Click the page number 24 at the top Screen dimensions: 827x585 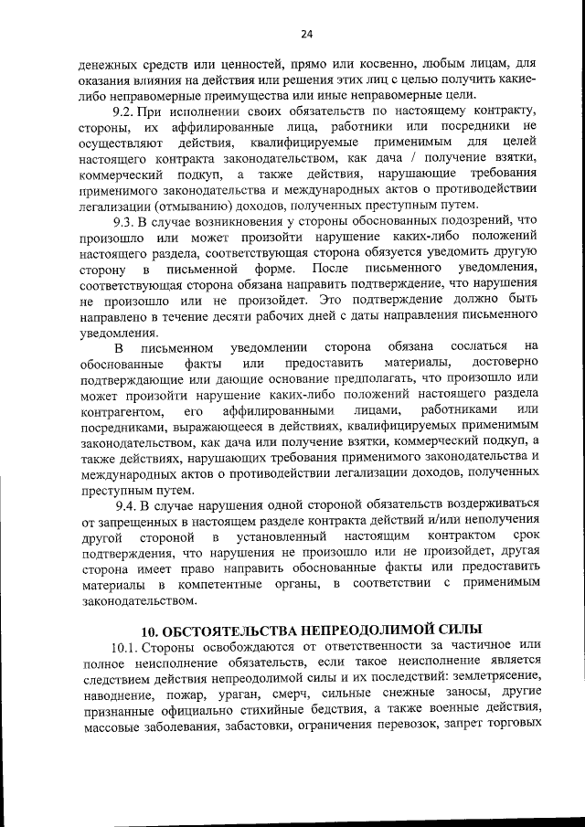click(306, 34)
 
